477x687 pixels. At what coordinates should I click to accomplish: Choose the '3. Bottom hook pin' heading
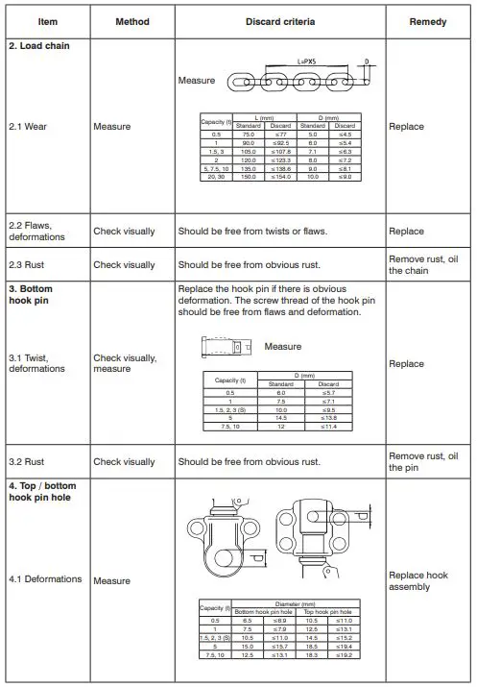(37, 294)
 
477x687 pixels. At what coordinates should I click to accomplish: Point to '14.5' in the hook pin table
(280, 419)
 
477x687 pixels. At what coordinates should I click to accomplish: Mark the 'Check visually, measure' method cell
(126, 363)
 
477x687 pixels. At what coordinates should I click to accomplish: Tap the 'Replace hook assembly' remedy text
(417, 581)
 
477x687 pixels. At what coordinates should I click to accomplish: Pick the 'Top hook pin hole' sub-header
(328, 611)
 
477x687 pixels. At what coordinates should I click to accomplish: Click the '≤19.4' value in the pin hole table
(345, 647)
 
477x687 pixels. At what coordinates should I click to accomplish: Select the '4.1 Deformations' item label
(45, 580)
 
